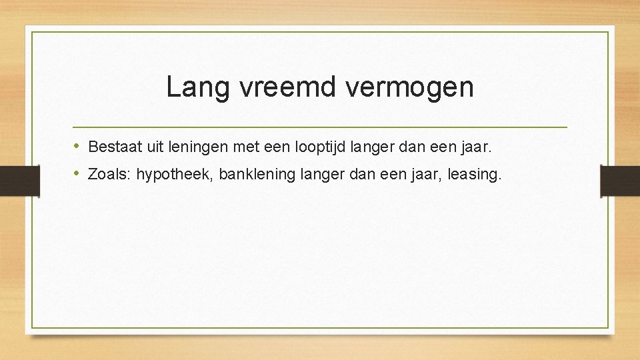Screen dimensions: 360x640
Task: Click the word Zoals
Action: pyautogui.click(x=110, y=175)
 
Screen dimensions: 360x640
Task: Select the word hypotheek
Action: pyautogui.click(x=173, y=175)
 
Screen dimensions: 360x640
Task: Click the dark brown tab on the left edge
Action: pyautogui.click(x=19, y=181)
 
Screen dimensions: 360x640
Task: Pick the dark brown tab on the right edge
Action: pyautogui.click(x=620, y=181)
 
